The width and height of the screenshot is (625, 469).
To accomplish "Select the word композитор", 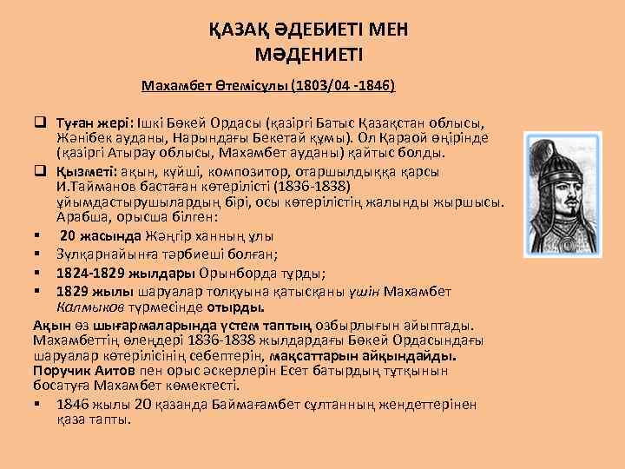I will (x=244, y=172).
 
